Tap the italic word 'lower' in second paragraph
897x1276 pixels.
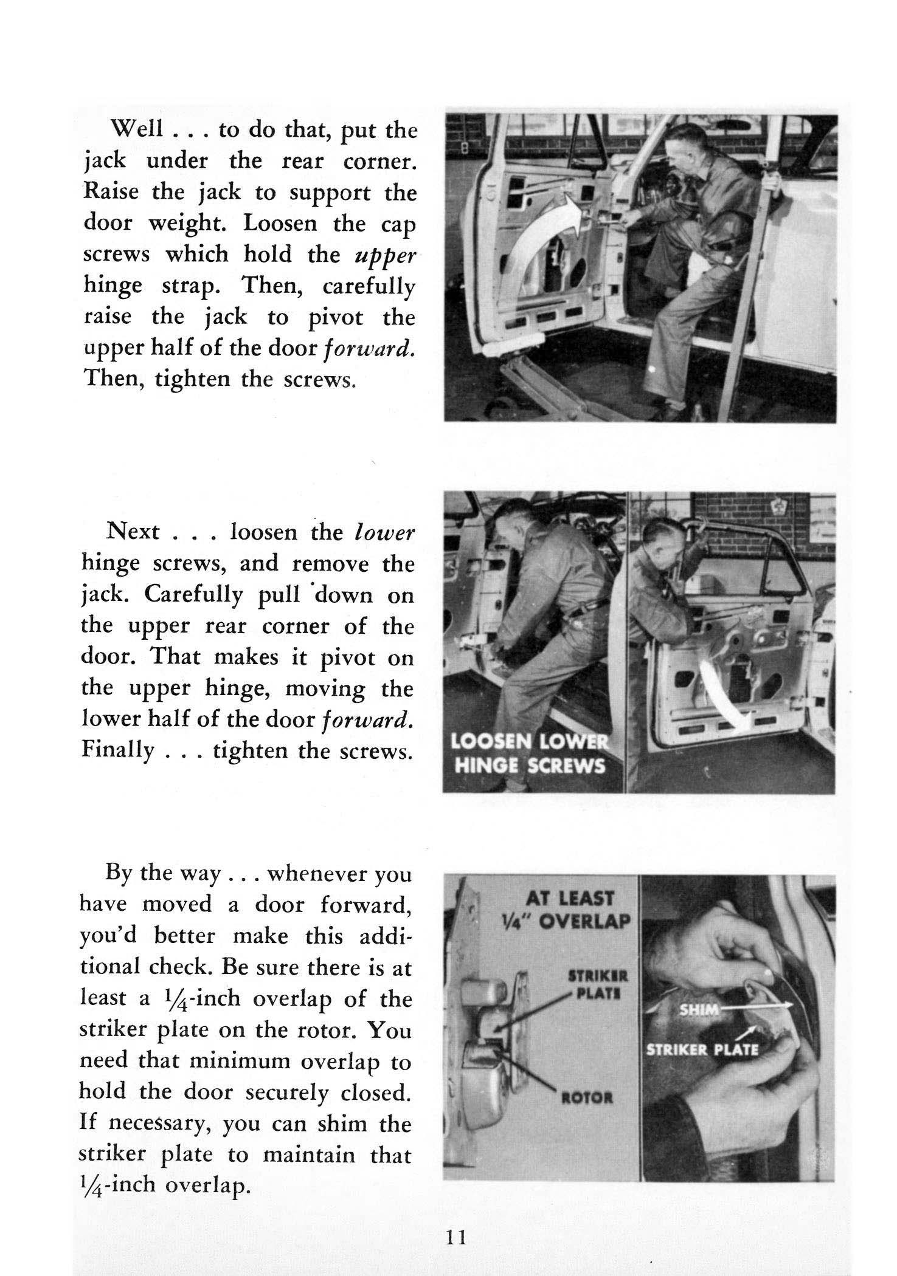(384, 532)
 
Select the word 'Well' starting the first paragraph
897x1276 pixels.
(137, 129)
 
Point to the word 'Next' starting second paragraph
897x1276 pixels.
(133, 532)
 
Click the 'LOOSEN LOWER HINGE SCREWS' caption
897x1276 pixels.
(528, 754)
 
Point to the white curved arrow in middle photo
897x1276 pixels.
(720, 696)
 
